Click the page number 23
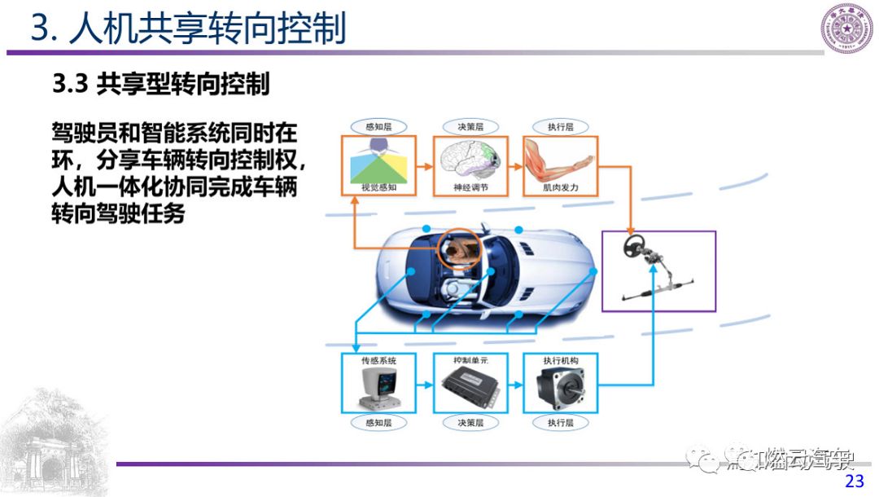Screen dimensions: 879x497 click(x=854, y=481)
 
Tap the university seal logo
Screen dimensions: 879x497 click(x=846, y=29)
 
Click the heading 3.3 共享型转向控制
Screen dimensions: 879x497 click(x=160, y=83)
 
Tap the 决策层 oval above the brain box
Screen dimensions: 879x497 click(x=470, y=126)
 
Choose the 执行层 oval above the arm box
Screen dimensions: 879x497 click(x=560, y=126)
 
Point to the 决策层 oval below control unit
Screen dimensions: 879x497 click(x=470, y=423)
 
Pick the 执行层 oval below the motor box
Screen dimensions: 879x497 click(x=560, y=423)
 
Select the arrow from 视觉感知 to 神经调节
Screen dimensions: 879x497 click(x=423, y=166)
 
